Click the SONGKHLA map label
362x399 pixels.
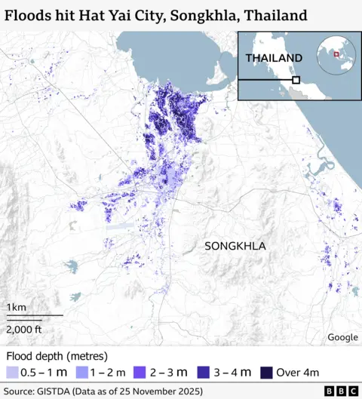click(235, 246)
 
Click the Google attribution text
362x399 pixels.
click(342, 337)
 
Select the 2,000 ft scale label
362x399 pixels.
click(24, 329)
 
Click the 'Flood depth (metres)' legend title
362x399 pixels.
click(57, 355)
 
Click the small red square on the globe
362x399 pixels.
click(336, 54)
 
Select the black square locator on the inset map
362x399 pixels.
click(296, 79)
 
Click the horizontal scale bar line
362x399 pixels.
click(34, 315)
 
